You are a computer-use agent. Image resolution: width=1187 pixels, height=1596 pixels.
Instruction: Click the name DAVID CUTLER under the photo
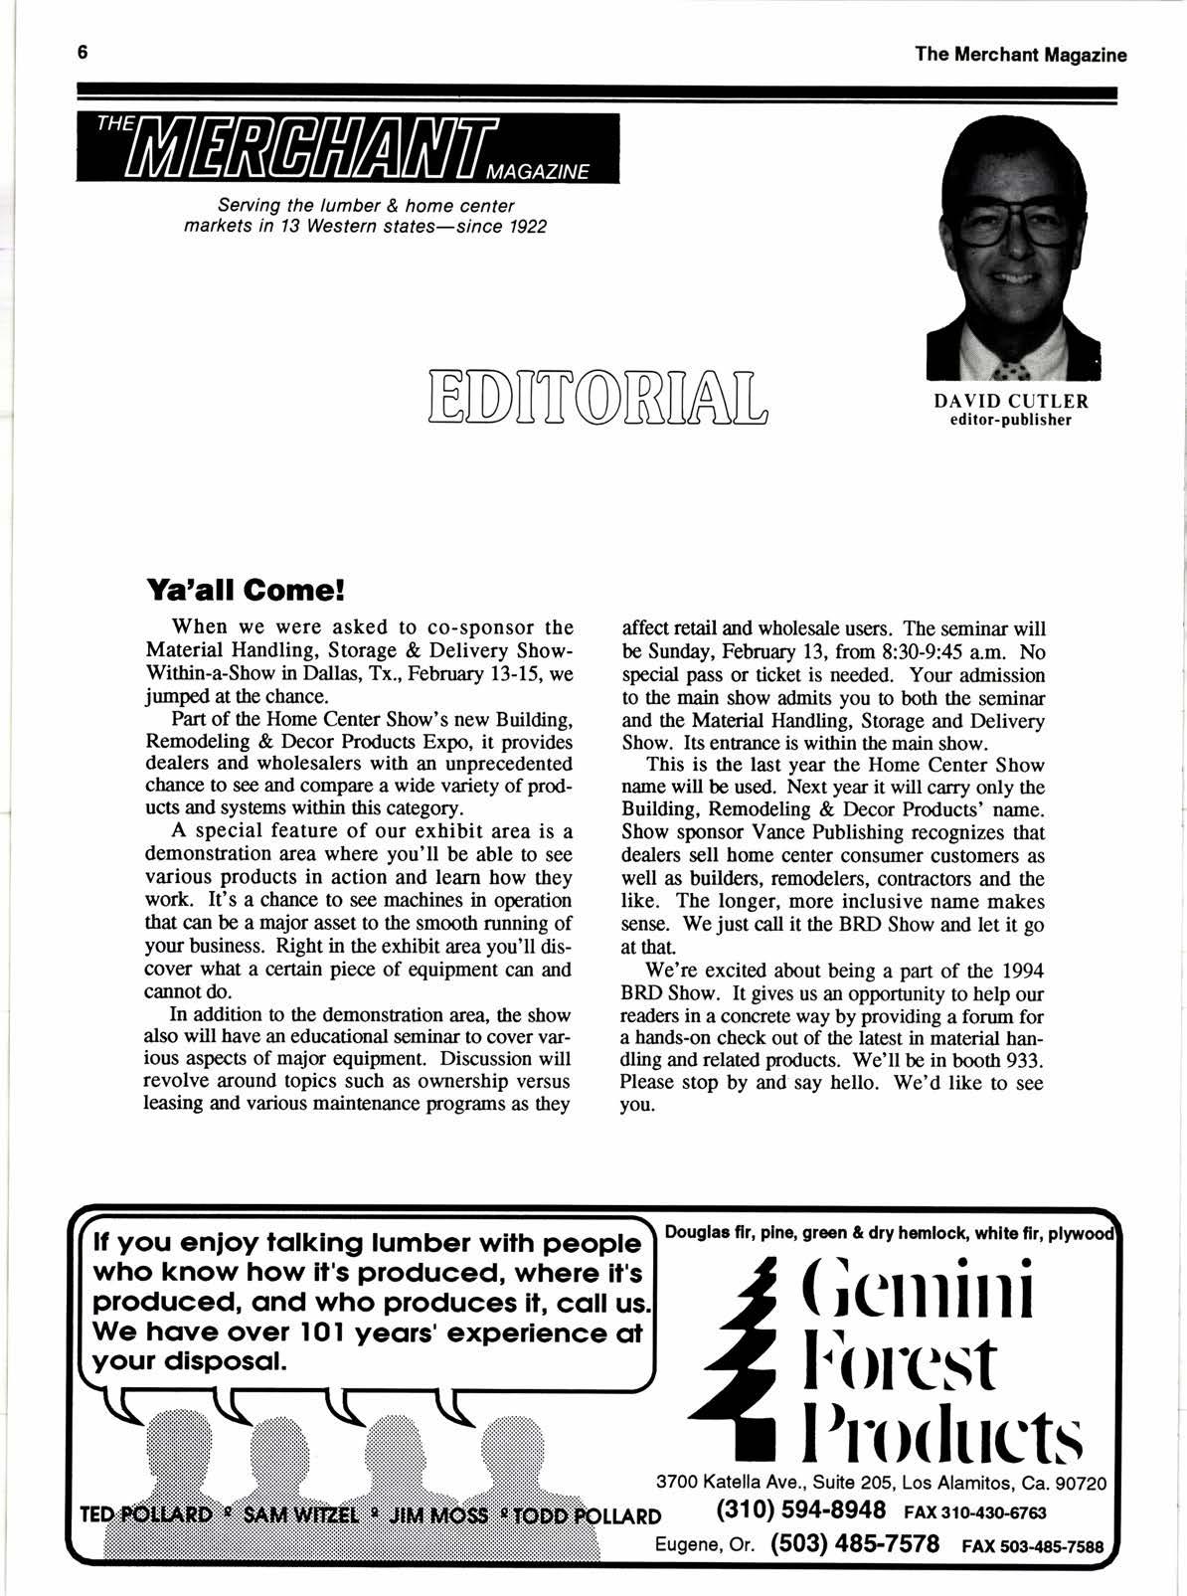(x=1011, y=402)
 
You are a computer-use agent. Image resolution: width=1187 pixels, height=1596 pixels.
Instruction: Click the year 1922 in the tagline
(x=524, y=226)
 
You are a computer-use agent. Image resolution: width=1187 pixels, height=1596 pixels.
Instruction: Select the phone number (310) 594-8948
(x=801, y=1509)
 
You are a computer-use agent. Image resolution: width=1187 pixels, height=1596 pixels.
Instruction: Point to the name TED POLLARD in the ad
(x=146, y=1515)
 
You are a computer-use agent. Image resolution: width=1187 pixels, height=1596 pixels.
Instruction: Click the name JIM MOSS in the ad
(x=438, y=1515)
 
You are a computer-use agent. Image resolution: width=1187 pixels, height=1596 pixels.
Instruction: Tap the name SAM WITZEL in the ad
(x=297, y=1515)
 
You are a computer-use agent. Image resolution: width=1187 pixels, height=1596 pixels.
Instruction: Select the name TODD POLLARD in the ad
(x=587, y=1515)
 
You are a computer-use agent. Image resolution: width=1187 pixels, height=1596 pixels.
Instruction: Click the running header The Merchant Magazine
(x=1021, y=55)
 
